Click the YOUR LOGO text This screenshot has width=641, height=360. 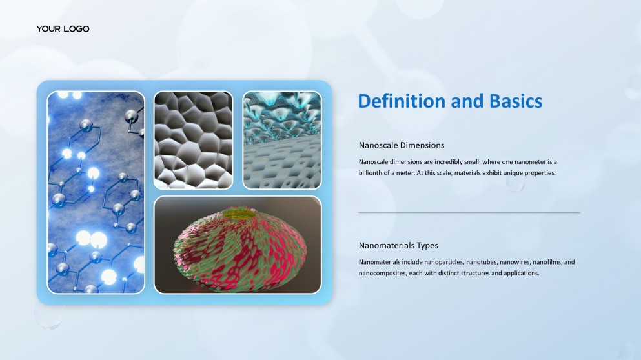click(63, 29)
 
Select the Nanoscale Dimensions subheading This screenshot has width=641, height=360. click(402, 145)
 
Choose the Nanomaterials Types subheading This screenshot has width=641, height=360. click(398, 246)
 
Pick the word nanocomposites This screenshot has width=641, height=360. click(382, 273)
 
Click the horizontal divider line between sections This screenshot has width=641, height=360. click(469, 212)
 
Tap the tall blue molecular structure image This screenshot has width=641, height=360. click(96, 192)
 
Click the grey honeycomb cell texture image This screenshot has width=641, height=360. click(193, 140)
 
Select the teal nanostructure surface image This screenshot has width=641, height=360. click(281, 140)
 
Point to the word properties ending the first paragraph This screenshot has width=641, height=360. click(540, 173)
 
